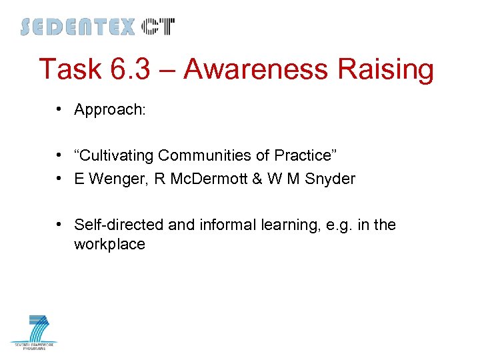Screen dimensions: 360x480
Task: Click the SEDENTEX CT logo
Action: [x=97, y=27]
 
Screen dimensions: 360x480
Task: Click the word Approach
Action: [x=109, y=110]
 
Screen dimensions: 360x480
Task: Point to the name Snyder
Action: [x=331, y=179]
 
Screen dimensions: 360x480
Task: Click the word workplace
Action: [x=109, y=245]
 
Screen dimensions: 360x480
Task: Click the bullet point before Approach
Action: [x=60, y=109]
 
